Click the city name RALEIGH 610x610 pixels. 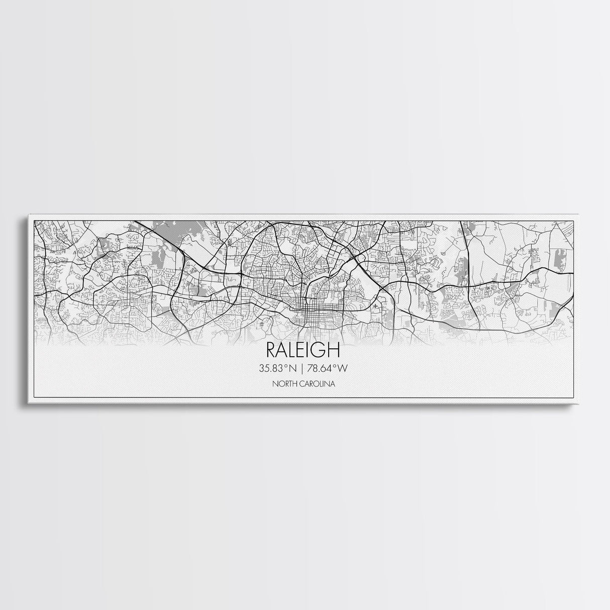coord(303,349)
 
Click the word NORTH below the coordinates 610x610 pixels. coord(283,384)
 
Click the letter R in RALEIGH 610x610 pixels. coord(271,349)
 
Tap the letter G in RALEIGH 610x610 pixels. coord(323,349)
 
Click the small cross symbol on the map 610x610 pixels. coord(375,306)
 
